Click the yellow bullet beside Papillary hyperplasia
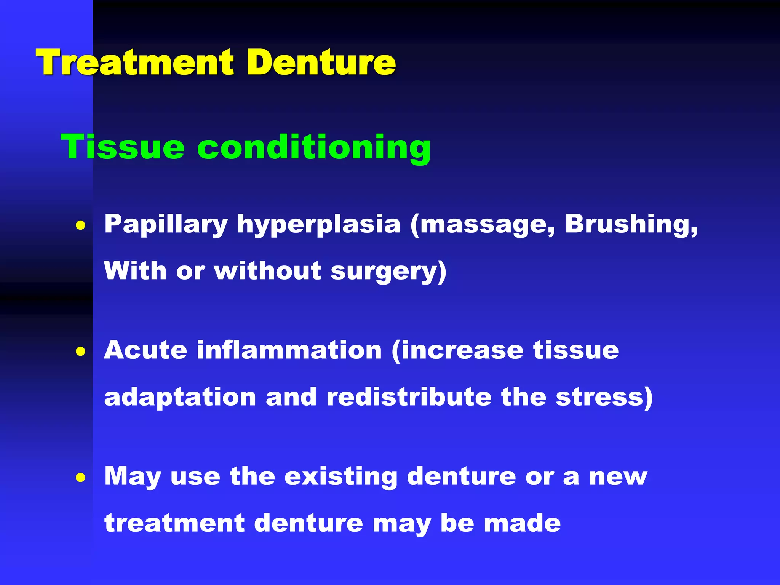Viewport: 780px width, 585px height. pyautogui.click(x=80, y=225)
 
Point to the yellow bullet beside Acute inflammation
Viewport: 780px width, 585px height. pyautogui.click(x=80, y=351)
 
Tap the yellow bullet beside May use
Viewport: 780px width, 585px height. pyautogui.click(x=80, y=477)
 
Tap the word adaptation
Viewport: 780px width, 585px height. pyautogui.click(x=180, y=398)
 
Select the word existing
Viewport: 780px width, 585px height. pyautogui.click(x=341, y=477)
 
